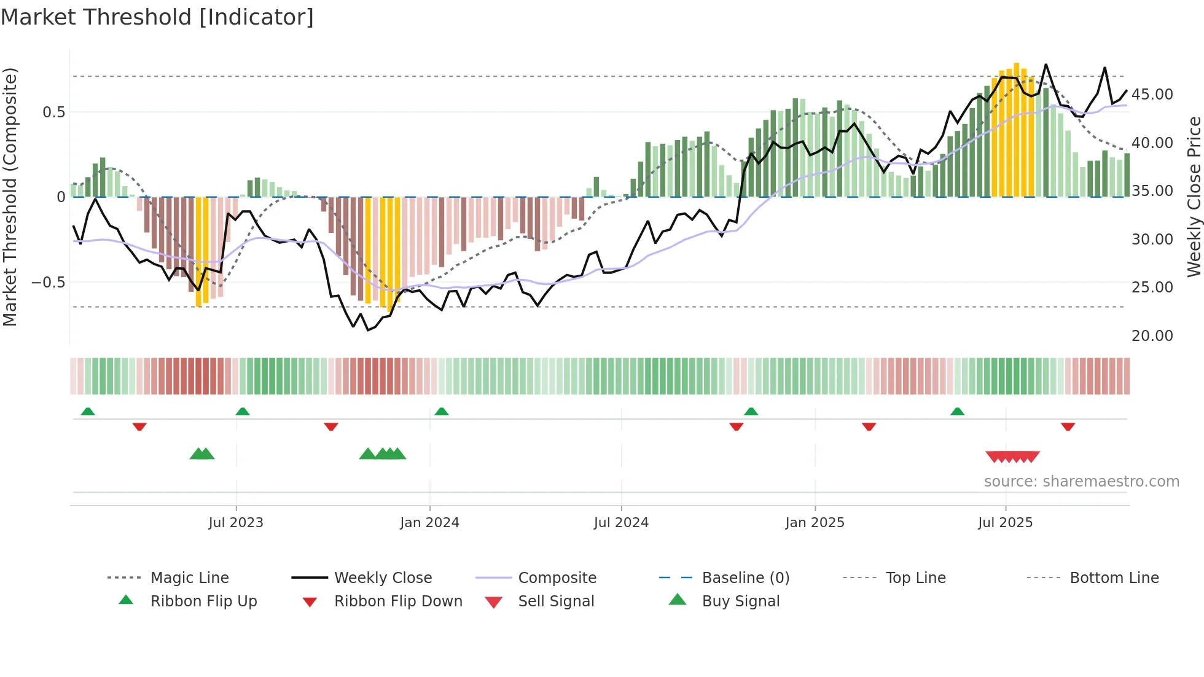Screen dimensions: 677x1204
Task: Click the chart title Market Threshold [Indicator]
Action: pos(157,17)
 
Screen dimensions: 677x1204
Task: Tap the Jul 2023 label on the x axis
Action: pos(236,523)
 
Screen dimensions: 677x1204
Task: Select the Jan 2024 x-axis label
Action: pos(429,523)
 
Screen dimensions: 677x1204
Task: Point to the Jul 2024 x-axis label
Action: pos(621,523)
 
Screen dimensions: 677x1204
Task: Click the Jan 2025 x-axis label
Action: pos(815,523)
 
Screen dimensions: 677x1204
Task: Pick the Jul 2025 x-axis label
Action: pos(1006,523)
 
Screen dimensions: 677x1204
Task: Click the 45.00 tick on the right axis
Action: pos(1152,95)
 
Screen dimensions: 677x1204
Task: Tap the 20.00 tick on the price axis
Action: pos(1152,336)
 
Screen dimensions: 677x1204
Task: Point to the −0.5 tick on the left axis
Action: pos(49,283)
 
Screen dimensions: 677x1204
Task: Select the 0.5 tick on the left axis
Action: pos(54,112)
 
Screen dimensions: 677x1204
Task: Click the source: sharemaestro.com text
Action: pos(1081,482)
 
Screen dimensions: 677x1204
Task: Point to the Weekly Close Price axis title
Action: pos(1194,197)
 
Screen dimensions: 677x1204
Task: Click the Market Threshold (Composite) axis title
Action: pos(10,197)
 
